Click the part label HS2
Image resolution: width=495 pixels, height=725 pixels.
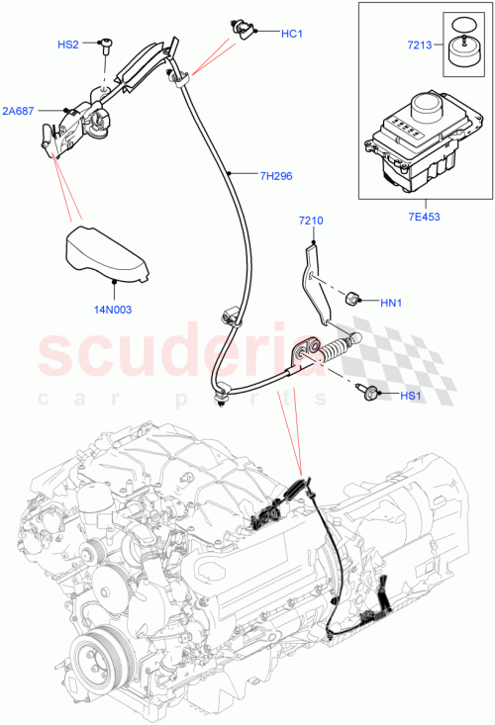(x=68, y=45)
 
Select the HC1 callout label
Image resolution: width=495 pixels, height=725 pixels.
(x=291, y=34)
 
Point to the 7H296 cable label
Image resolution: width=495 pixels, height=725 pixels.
(x=276, y=176)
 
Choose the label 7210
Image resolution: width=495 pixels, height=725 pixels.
(x=311, y=222)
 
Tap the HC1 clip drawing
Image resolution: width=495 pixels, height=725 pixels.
(x=241, y=28)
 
